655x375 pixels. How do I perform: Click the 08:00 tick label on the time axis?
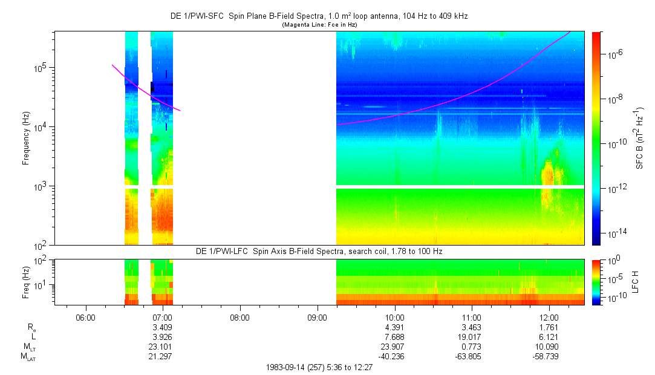point(240,318)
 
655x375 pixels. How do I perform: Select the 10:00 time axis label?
point(394,318)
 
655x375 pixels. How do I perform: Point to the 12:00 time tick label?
point(549,318)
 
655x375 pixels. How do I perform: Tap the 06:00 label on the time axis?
point(86,318)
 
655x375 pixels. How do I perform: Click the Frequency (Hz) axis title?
point(26,139)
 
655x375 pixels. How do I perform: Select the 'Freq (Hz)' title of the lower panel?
point(26,281)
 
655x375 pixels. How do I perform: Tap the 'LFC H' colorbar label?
point(640,281)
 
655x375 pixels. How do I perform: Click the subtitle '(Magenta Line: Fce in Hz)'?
point(319,24)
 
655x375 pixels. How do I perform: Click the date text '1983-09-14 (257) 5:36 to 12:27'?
point(319,367)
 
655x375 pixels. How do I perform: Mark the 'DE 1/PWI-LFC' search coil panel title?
point(319,251)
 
